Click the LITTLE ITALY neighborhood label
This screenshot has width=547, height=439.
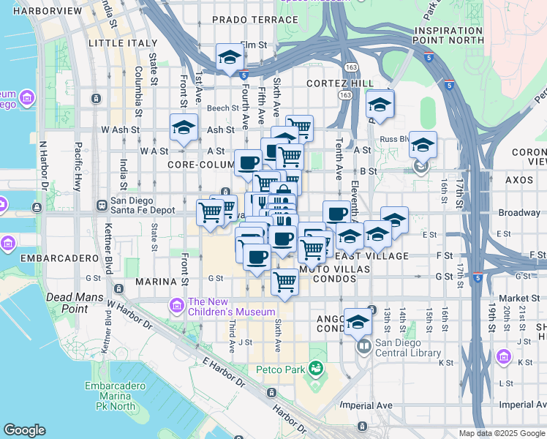click(114, 44)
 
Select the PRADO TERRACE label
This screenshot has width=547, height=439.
click(246, 19)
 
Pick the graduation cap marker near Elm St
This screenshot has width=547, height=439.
click(229, 58)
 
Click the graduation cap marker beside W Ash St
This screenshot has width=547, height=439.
click(183, 128)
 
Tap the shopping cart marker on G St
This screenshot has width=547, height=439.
click(284, 282)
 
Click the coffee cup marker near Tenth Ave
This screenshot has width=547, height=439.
click(336, 214)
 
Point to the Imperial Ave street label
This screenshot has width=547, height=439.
click(375, 405)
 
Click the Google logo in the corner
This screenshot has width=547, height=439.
click(24, 430)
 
